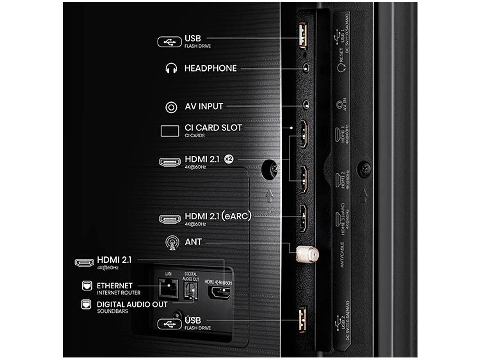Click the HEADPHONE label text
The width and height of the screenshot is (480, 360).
pos(211,69)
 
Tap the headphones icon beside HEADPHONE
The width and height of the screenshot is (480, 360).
pos(171,69)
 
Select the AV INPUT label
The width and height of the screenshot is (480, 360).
pos(204,107)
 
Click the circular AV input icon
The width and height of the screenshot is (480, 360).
pos(171,107)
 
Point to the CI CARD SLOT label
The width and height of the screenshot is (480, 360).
pos(213,128)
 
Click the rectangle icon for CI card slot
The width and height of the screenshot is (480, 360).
pos(170,131)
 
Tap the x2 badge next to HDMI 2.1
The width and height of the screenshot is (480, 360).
pos(228,160)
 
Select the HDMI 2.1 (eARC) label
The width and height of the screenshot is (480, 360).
pos(218,216)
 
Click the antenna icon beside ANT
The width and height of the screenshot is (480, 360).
pos(171,243)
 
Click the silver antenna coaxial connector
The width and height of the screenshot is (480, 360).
pos(307,254)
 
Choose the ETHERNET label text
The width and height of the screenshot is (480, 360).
pos(115,285)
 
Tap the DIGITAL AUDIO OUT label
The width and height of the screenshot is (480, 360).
pos(132,304)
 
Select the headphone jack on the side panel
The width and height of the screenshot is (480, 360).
pos(306,67)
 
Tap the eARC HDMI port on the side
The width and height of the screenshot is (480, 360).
pos(303,218)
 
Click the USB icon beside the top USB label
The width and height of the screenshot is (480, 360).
pos(170,42)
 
